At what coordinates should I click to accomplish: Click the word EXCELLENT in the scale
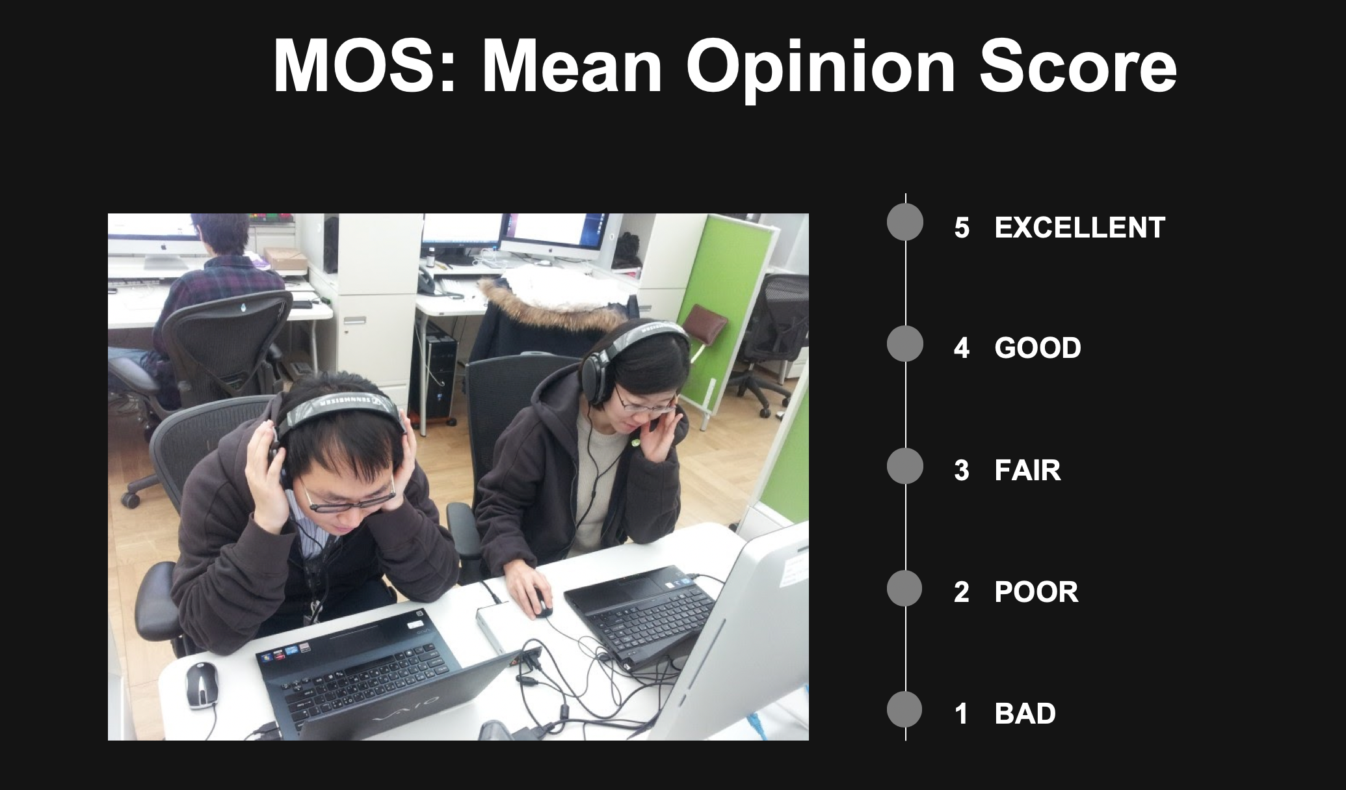[1079, 228]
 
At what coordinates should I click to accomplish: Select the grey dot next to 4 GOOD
[905, 344]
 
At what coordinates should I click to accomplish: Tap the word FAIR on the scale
[1027, 470]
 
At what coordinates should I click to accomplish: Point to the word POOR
[1036, 592]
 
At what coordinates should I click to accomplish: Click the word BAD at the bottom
[1025, 714]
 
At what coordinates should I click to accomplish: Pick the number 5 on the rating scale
[962, 228]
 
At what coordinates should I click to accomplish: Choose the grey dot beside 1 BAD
[904, 709]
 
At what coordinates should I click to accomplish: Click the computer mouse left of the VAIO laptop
[201, 685]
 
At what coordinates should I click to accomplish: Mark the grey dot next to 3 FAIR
[905, 466]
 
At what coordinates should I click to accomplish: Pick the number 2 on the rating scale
[962, 592]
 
